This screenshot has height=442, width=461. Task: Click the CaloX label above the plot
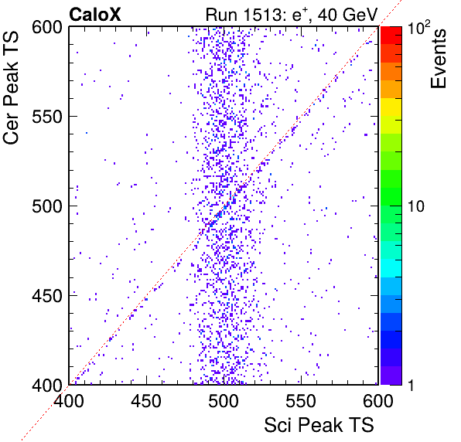pyautogui.click(x=95, y=14)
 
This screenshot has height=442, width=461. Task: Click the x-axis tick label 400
pyautogui.click(x=69, y=400)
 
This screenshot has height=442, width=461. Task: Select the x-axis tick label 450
pyautogui.click(x=146, y=400)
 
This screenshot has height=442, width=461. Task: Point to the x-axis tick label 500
pyautogui.click(x=224, y=400)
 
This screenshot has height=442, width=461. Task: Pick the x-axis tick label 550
pyautogui.click(x=301, y=400)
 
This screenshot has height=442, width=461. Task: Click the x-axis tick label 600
pyautogui.click(x=378, y=400)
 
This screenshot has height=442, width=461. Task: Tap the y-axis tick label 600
pyautogui.click(x=47, y=28)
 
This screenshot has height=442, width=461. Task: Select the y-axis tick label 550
pyautogui.click(x=47, y=117)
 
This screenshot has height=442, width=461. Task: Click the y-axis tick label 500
pyautogui.click(x=47, y=206)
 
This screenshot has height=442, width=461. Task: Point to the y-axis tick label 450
pyautogui.click(x=47, y=296)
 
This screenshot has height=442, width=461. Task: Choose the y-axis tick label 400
pyautogui.click(x=47, y=385)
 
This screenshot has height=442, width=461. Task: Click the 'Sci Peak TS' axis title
pyautogui.click(x=319, y=425)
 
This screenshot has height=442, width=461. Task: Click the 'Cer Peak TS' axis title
pyautogui.click(x=11, y=88)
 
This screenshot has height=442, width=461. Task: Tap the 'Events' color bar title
pyautogui.click(x=439, y=59)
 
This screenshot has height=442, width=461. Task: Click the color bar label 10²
pyautogui.click(x=418, y=27)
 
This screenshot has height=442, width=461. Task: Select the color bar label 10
pyautogui.click(x=416, y=206)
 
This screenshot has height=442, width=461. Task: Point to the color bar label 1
pyautogui.click(x=411, y=385)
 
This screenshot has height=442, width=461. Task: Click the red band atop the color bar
pyautogui.click(x=391, y=36)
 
